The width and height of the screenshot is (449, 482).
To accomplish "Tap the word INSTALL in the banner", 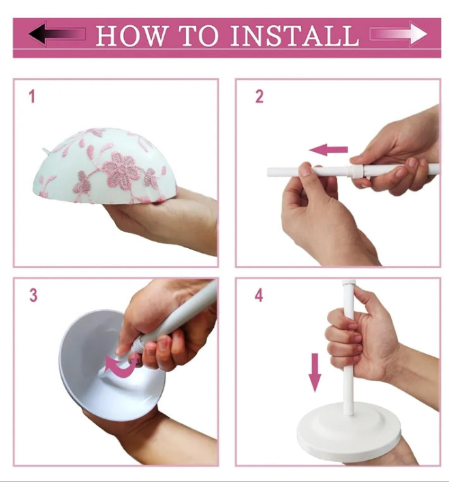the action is coord(295,35).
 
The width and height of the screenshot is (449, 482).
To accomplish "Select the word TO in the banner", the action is coord(199,35).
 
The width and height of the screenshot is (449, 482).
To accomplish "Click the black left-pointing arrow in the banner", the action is coord(57,33).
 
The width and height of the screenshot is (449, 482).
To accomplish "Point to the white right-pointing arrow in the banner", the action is coord(399,33).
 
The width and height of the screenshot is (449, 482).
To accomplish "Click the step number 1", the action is coord(32,97).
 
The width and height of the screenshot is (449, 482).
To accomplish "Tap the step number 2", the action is coord(260,97).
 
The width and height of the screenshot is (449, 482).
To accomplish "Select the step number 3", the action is coord(33,295).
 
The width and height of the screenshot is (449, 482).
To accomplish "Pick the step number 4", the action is coord(259,295).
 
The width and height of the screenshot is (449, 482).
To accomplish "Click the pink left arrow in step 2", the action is coord(328,150).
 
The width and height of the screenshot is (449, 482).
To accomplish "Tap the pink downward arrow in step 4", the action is coord(315,372).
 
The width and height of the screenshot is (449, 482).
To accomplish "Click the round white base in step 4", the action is coord(349,434).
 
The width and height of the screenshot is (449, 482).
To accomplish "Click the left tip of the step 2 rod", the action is coord(268,172).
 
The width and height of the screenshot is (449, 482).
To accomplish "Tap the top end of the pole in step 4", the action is coord(347,280).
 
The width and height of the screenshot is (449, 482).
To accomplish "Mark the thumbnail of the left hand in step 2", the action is coord(305,169).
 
